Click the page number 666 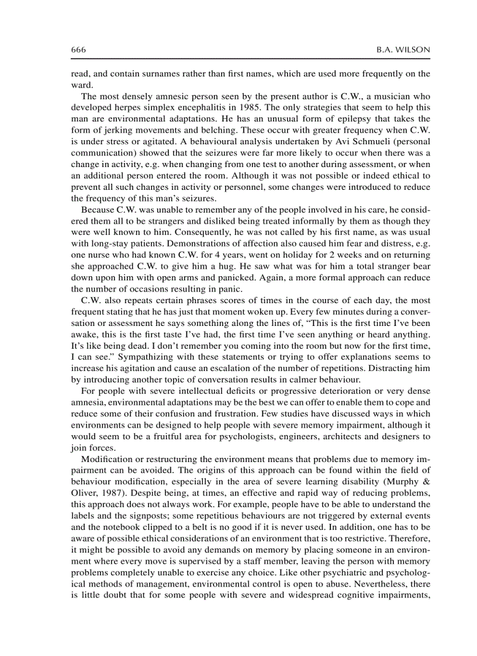tap(78, 50)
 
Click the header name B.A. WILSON tap(403, 50)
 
